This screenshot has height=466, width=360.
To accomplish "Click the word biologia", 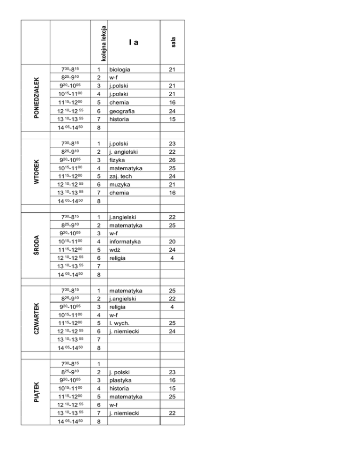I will [120, 69].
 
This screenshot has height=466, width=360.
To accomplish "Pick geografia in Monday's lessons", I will [121, 111].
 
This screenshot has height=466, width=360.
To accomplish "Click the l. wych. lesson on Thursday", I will [119, 323].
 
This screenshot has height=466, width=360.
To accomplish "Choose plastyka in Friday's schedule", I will [120, 381].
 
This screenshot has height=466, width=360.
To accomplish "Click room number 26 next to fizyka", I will [172, 159].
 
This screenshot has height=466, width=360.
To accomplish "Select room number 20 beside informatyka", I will [172, 241].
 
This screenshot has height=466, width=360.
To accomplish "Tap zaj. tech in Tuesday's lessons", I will [120, 176].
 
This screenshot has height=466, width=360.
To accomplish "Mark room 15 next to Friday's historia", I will [172, 389].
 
